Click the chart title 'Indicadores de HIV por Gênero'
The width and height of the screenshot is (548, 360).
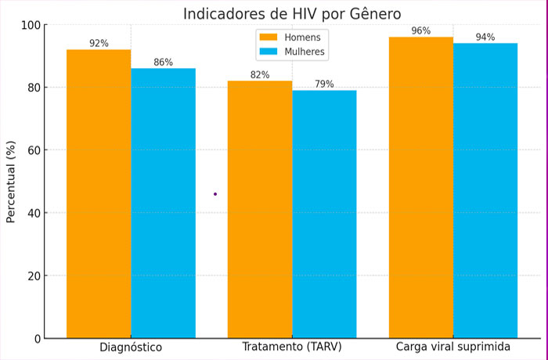pyautogui.click(x=292, y=13)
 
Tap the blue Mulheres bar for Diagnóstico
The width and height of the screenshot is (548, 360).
pyautogui.click(x=163, y=203)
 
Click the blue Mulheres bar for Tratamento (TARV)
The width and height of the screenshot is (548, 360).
pyautogui.click(x=324, y=214)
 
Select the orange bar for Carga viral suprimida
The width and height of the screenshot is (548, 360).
pyautogui.click(x=421, y=188)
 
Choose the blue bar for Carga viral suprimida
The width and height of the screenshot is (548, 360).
pyautogui.click(x=485, y=191)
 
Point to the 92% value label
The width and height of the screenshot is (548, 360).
pyautogui.click(x=99, y=44)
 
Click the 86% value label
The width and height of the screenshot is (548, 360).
pyautogui.click(x=163, y=63)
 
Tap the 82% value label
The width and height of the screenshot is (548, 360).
pyautogui.click(x=260, y=75)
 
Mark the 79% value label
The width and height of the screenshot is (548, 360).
pyautogui.click(x=324, y=85)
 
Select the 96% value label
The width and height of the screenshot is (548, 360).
pyautogui.click(x=421, y=31)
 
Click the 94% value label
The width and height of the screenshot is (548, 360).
pyautogui.click(x=485, y=38)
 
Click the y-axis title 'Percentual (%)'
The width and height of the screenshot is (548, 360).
pyautogui.click(x=11, y=182)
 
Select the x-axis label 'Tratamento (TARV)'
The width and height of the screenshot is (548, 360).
pyautogui.click(x=292, y=347)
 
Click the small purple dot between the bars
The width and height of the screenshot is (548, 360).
pyautogui.click(x=215, y=194)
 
